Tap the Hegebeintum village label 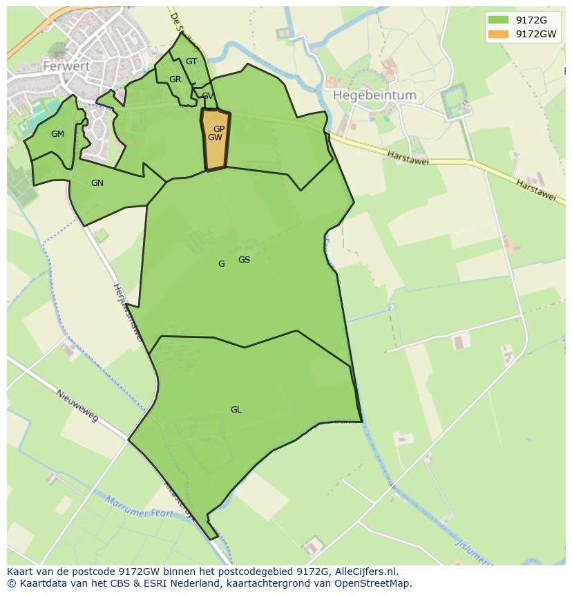(x=374, y=95)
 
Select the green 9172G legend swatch (x=497, y=19)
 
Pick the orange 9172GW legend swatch (x=497, y=34)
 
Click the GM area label (x=57, y=134)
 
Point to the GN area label (x=97, y=183)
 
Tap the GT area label (x=191, y=62)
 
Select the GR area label (x=175, y=79)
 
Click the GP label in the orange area (x=219, y=129)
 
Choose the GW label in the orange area (x=215, y=138)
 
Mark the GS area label (x=244, y=260)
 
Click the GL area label (x=236, y=410)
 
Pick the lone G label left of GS (x=221, y=264)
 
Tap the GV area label (x=207, y=96)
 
